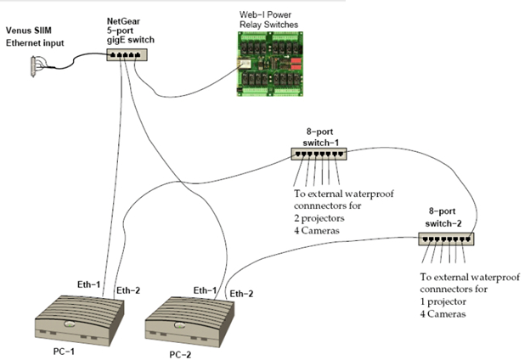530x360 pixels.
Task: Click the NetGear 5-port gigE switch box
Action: (127, 54)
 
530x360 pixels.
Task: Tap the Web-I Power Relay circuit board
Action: (270, 64)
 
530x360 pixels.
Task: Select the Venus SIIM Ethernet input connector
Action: (33, 67)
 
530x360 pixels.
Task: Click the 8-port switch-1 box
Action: (319, 154)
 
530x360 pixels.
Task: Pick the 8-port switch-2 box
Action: (446, 239)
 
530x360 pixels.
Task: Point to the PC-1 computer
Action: (80, 320)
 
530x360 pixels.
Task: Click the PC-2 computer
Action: (189, 322)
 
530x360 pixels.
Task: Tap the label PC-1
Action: (64, 352)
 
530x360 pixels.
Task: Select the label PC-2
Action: (180, 355)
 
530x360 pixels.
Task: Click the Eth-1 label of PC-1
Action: (89, 284)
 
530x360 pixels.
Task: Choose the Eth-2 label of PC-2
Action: (241, 294)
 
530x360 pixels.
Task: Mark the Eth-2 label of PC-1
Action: (128, 290)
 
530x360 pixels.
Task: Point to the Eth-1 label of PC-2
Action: (205, 290)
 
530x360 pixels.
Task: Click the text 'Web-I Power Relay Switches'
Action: (268, 20)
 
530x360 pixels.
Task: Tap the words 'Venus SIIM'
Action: (29, 31)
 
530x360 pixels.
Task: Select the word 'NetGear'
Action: (123, 21)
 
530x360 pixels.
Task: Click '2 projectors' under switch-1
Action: (319, 218)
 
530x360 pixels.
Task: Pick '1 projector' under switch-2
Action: (443, 302)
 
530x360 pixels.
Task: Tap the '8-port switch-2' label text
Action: (443, 217)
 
